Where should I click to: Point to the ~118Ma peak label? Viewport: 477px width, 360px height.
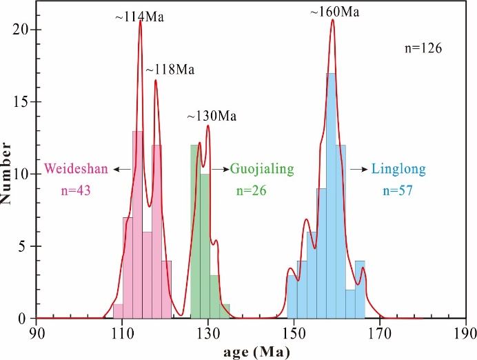170,70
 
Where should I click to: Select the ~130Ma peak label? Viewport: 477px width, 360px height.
212,117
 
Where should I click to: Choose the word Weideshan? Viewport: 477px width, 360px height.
77,168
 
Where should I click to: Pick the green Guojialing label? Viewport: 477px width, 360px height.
262,168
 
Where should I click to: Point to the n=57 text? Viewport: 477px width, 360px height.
392,190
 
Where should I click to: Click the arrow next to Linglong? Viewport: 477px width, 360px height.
358,168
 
